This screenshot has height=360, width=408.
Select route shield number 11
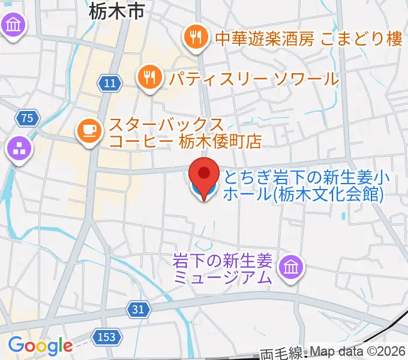click(x=109, y=83)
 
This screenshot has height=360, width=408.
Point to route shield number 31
click(x=138, y=309)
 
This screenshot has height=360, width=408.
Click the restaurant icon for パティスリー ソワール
click(x=148, y=76)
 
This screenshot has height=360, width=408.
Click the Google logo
click(x=40, y=346)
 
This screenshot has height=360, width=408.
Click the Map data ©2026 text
click(x=356, y=352)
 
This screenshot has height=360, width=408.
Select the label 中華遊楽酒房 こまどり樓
click(x=308, y=38)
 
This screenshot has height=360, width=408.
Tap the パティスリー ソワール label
click(x=254, y=77)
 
